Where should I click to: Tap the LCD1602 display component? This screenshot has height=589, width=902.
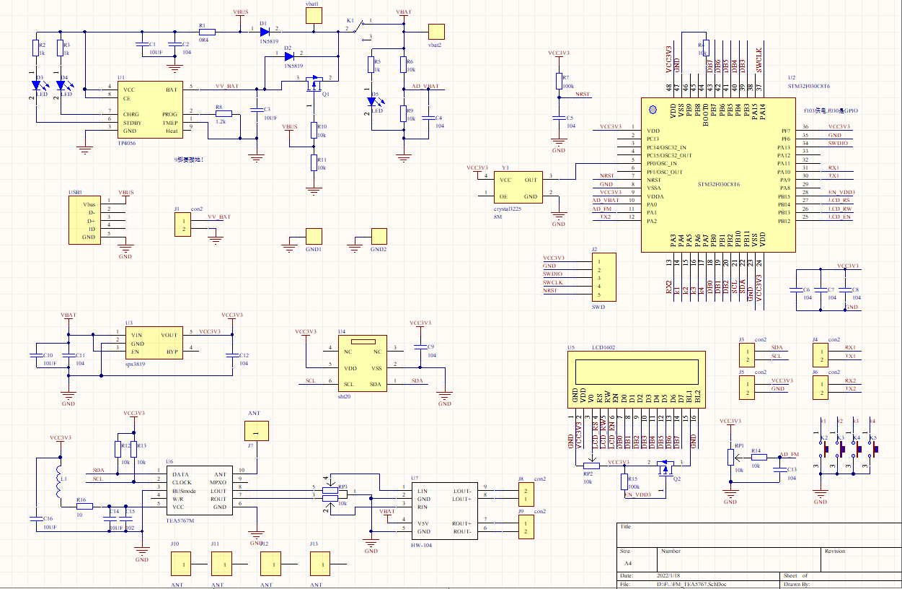(x=638, y=371)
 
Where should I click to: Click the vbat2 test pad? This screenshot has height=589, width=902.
(x=436, y=32)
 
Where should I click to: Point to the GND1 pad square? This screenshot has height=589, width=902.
(x=314, y=236)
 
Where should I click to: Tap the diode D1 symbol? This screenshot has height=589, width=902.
(x=263, y=32)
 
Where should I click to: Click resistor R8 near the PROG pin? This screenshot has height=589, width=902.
(x=223, y=114)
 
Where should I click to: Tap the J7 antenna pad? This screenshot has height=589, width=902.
(x=255, y=432)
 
